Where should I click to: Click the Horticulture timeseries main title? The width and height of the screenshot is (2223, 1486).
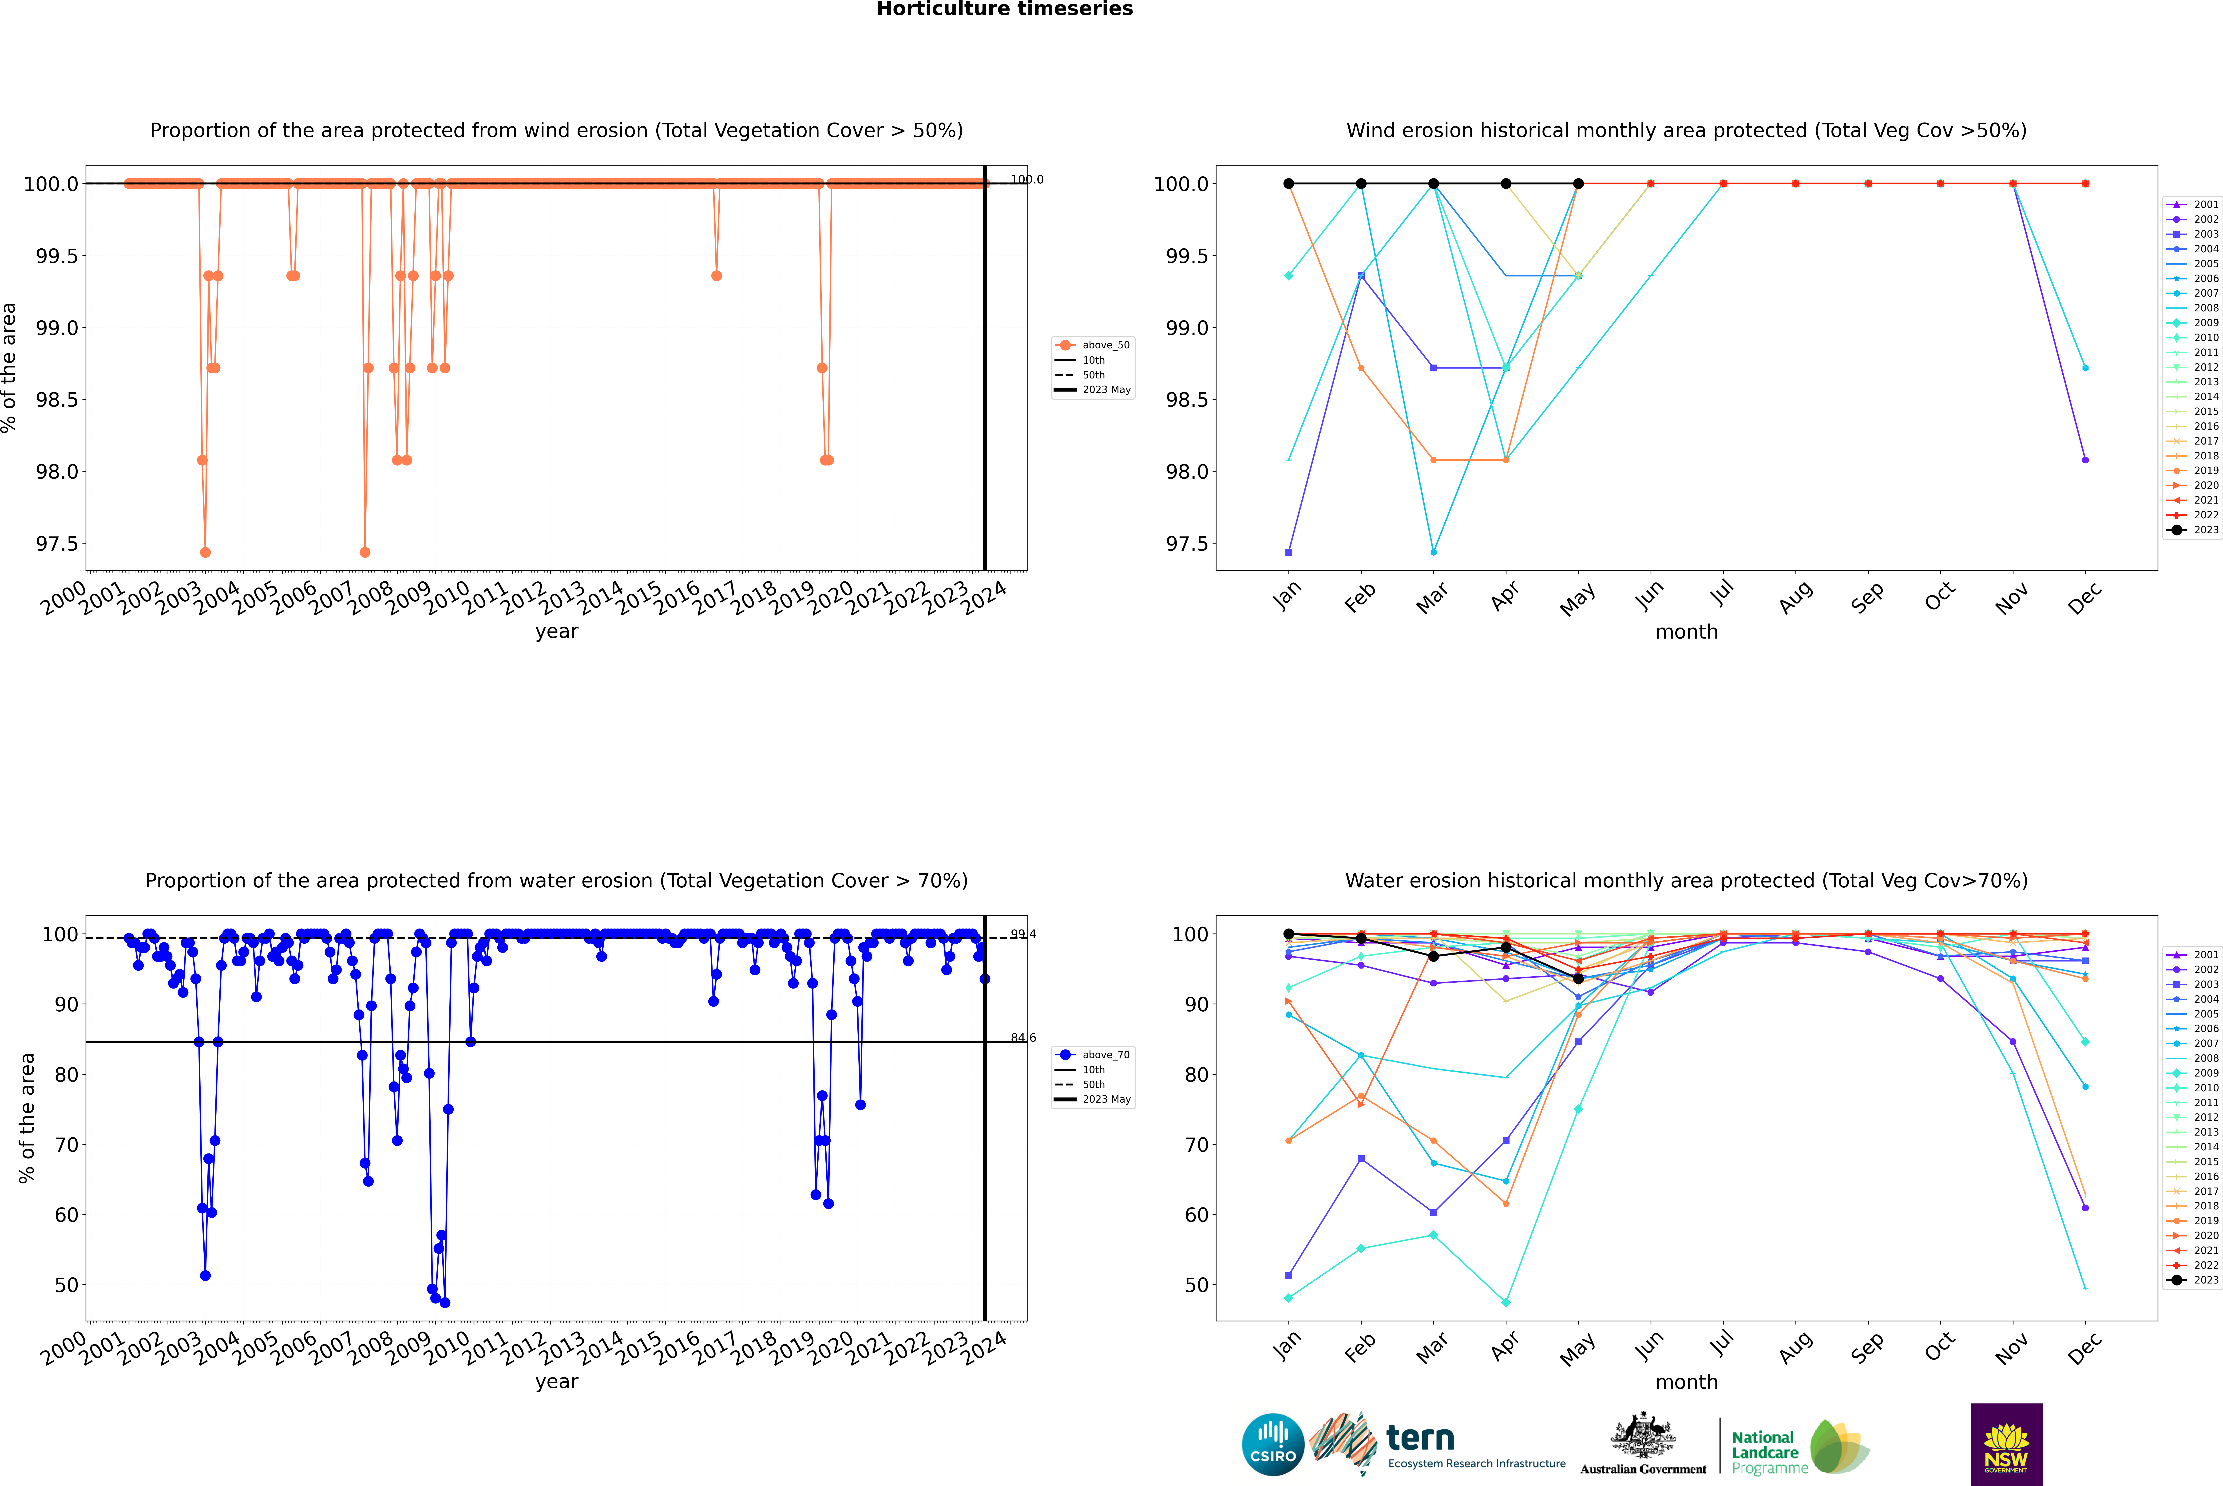point(1004,9)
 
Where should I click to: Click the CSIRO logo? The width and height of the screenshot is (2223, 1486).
point(1273,1444)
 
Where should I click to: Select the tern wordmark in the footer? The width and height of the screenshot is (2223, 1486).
point(1419,1439)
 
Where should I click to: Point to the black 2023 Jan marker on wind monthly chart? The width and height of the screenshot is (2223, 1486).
point(1289,184)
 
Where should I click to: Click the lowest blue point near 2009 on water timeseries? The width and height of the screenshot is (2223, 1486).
point(444,1302)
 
